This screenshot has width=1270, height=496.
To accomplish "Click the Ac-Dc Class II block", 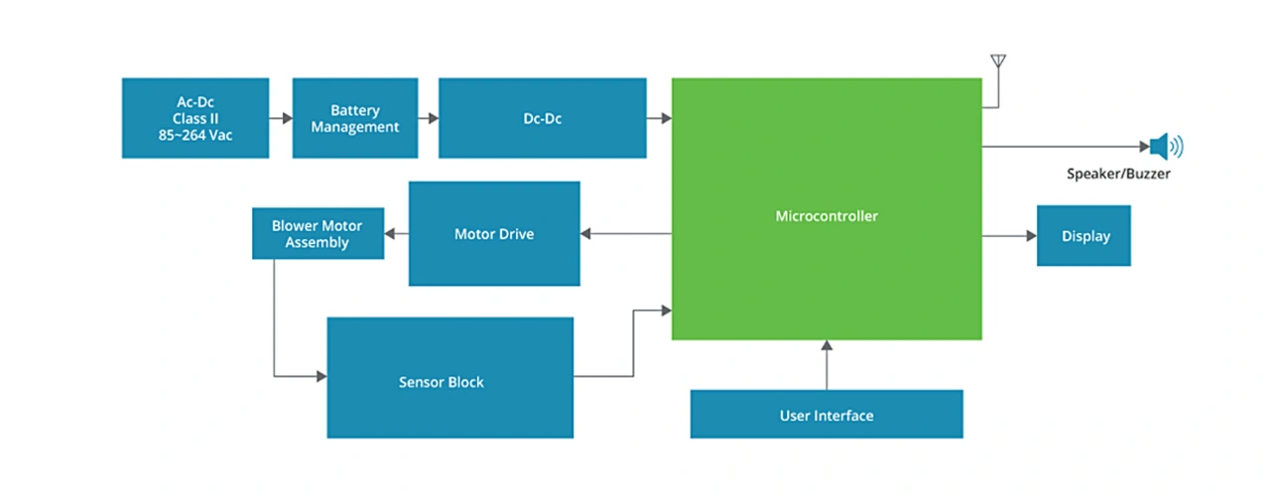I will (195, 118).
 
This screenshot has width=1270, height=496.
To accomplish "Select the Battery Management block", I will (354, 118).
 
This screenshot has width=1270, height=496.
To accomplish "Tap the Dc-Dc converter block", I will (542, 118).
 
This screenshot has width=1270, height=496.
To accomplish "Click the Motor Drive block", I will (494, 234).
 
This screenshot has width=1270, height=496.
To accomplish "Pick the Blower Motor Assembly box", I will (317, 234).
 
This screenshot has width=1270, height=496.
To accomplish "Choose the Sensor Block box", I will (449, 381).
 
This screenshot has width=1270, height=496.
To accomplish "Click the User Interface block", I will (826, 415).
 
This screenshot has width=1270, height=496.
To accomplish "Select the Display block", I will (1083, 236).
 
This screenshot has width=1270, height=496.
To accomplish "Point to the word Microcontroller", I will (826, 215).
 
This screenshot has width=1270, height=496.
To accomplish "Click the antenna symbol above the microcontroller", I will (998, 62).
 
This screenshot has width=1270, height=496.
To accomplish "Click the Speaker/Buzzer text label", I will (1118, 175).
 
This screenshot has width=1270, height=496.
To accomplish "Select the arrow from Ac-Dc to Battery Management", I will (281, 118).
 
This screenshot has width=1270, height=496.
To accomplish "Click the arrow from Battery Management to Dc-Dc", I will (429, 118).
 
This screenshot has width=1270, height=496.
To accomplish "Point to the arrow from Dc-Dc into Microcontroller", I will (659, 118).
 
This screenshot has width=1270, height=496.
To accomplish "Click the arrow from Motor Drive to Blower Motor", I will (397, 234).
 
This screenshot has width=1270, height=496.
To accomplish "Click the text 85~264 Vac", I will (195, 136).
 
